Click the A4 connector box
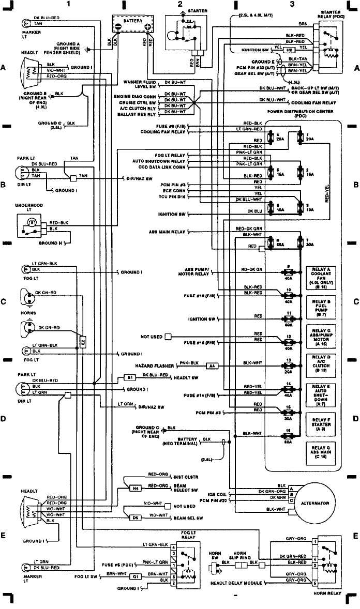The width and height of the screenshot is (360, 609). pos(212,366)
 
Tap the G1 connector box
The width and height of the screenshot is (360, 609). pos(135,576)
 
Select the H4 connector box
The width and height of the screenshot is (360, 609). pos(135,488)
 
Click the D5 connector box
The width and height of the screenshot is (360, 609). pos(135,517)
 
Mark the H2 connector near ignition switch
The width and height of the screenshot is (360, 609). pos(290,50)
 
